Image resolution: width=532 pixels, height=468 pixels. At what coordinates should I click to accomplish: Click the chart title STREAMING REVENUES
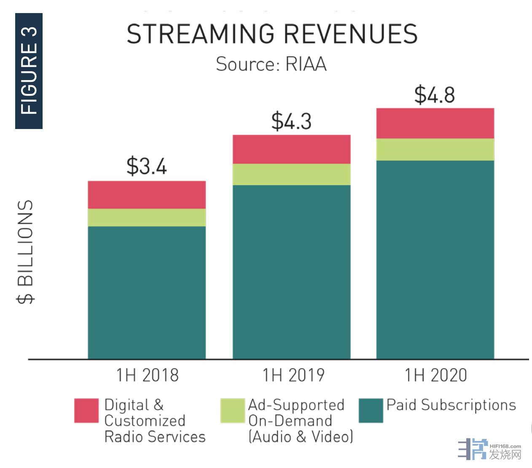pyautogui.click(x=272, y=34)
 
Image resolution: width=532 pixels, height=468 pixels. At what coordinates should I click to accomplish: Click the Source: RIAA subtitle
pyautogui.click(x=271, y=65)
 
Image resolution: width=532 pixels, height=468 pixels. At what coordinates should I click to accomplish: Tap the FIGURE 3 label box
pyautogui.click(x=29, y=71)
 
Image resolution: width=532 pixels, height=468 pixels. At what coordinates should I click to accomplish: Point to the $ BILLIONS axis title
pyautogui.click(x=26, y=252)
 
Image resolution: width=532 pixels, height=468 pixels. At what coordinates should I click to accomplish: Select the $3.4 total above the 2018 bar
pyautogui.click(x=147, y=166)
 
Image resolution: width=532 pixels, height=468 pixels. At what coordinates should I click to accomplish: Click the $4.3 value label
pyautogui.click(x=291, y=121)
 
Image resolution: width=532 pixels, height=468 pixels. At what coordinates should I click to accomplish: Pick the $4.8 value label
pyautogui.click(x=435, y=94)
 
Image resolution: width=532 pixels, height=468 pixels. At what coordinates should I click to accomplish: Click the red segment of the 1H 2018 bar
pyautogui.click(x=147, y=195)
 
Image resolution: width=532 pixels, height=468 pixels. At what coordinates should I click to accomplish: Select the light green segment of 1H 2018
pyautogui.click(x=147, y=218)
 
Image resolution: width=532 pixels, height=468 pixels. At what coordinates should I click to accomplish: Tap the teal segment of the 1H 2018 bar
pyautogui.click(x=147, y=293)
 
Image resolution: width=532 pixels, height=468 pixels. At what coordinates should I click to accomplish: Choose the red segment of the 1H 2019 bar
pyautogui.click(x=291, y=149)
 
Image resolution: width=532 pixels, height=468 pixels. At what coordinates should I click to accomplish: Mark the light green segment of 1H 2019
pyautogui.click(x=291, y=174)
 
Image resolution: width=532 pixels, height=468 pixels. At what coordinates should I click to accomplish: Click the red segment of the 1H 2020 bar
pyautogui.click(x=435, y=124)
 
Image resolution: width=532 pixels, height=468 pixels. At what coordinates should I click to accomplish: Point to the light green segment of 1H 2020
pyautogui.click(x=435, y=150)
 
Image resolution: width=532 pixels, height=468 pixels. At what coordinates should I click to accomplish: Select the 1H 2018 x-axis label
pyautogui.click(x=148, y=375)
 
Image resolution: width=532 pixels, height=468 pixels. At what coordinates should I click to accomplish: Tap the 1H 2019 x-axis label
pyautogui.click(x=293, y=375)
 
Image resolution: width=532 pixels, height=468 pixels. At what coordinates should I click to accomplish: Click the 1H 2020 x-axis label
pyautogui.click(x=436, y=375)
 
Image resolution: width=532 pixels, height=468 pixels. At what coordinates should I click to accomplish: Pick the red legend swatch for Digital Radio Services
pyautogui.click(x=86, y=410)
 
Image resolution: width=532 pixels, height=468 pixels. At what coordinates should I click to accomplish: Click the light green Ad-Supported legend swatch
pyautogui.click(x=232, y=410)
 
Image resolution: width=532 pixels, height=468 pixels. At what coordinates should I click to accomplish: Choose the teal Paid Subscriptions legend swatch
pyautogui.click(x=371, y=410)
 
